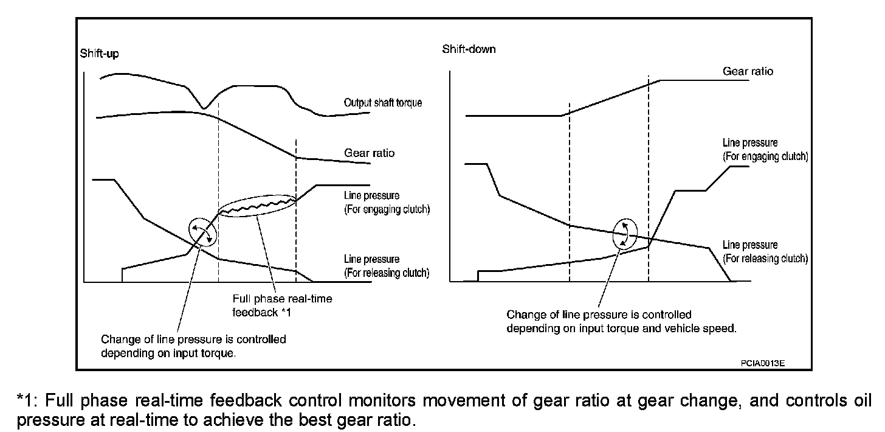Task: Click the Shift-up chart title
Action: (99, 54)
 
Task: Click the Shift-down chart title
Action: (469, 49)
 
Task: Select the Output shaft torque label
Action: (382, 103)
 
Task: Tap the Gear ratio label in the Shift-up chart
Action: (369, 153)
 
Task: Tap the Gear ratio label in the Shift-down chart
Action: (748, 71)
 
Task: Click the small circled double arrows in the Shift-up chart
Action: (202, 232)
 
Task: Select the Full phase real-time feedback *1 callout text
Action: (282, 306)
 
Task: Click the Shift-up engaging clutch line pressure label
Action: (387, 203)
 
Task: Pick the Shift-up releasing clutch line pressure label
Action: (387, 266)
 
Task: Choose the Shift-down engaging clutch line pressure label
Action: (765, 150)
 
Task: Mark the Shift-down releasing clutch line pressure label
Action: (765, 251)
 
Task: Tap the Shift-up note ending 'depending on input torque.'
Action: (193, 346)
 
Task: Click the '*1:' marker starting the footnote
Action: (28, 401)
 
